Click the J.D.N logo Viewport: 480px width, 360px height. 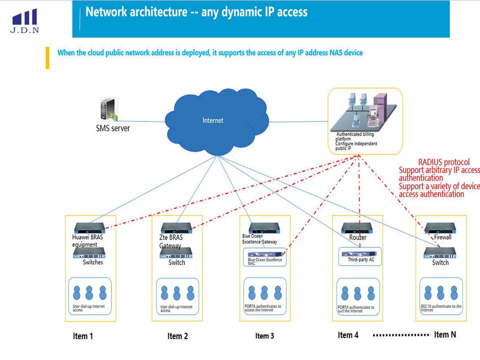coord(24,20)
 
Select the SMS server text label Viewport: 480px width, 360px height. coord(112,128)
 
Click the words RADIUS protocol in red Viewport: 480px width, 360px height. coord(443,162)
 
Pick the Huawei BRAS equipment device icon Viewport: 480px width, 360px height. coord(90,228)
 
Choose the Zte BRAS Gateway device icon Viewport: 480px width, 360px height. coord(176,228)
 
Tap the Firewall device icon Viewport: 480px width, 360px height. coord(440,228)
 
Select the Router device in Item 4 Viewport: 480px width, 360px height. coord(358,228)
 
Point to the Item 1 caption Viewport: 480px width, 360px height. coord(83,336)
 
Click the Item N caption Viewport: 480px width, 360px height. coord(445,334)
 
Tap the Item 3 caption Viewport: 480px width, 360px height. coord(264,335)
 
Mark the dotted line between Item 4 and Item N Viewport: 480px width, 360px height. coord(401,334)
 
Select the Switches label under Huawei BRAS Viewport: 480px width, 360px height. coord(93,262)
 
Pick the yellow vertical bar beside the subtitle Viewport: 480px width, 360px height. coord(47,57)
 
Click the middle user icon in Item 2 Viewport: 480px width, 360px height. coord(176,292)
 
